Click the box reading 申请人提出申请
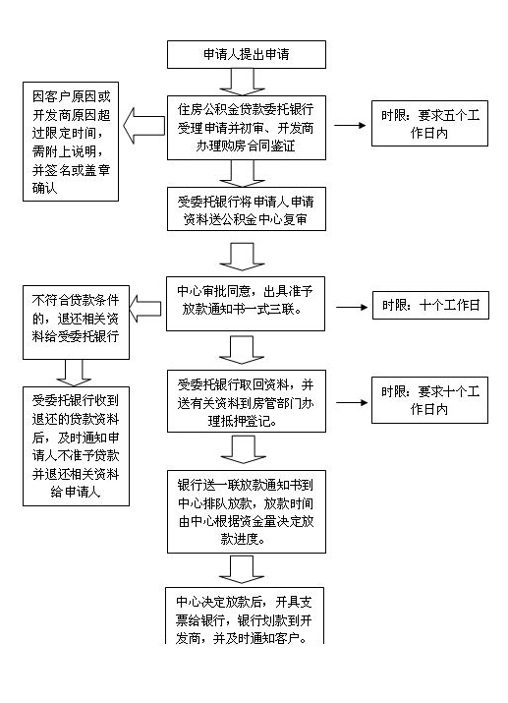(x=247, y=55)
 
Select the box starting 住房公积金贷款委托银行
(x=247, y=128)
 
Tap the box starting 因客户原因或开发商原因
(x=71, y=142)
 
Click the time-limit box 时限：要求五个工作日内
(x=429, y=123)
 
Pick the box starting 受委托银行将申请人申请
(x=247, y=209)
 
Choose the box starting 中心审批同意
(x=246, y=304)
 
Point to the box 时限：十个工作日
(x=430, y=306)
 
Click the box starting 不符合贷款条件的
(x=77, y=322)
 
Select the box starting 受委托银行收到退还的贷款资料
(x=77, y=446)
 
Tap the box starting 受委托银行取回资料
(x=247, y=401)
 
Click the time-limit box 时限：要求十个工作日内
(x=429, y=400)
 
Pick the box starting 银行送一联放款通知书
(x=247, y=511)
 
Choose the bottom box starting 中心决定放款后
(x=245, y=616)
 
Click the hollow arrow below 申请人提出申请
(x=243, y=82)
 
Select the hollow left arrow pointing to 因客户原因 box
(x=143, y=126)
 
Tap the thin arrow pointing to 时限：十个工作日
(x=352, y=307)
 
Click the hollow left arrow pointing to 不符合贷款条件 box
(x=145, y=309)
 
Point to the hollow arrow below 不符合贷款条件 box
(x=74, y=373)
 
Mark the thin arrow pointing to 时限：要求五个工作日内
(x=350, y=126)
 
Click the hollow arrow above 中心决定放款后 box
(x=242, y=569)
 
